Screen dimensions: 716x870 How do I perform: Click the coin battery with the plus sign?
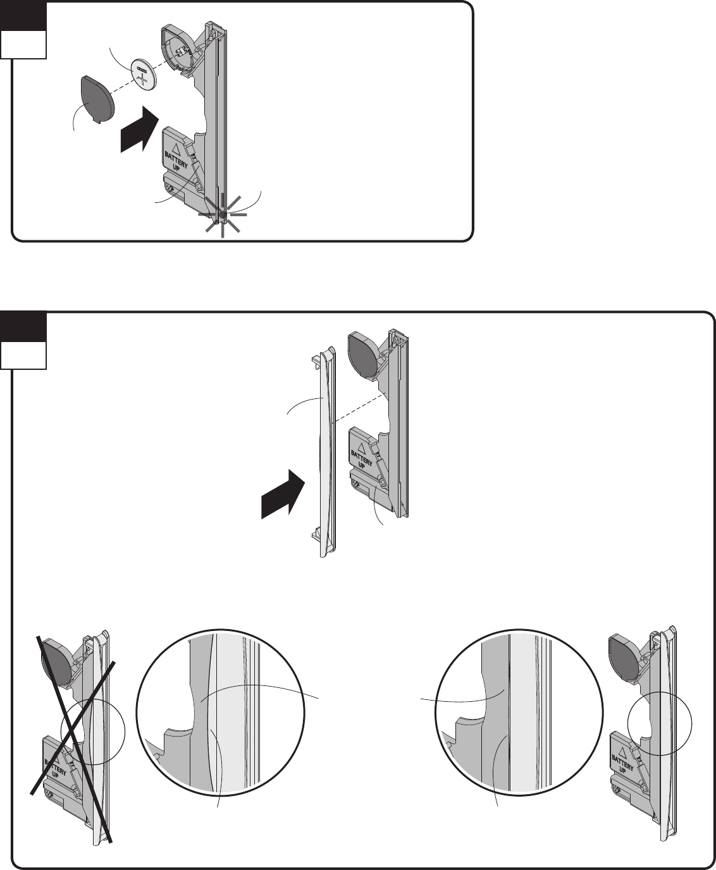143,75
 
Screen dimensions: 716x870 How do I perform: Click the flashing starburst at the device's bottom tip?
222,215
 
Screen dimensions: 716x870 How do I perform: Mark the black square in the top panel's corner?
23,14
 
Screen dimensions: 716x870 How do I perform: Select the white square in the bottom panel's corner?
23,355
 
